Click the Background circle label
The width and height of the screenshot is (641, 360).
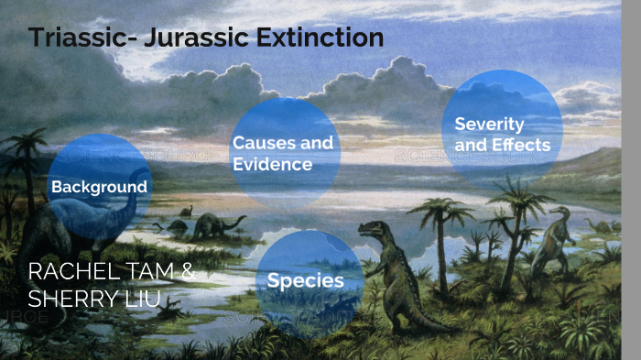(99, 187)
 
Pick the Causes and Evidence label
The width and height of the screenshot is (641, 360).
(282, 153)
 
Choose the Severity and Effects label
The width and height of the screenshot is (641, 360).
(502, 134)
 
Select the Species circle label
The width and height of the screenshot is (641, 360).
(305, 280)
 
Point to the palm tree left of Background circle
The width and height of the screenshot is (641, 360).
(27, 156)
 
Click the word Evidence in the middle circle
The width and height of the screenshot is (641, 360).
(272, 164)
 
